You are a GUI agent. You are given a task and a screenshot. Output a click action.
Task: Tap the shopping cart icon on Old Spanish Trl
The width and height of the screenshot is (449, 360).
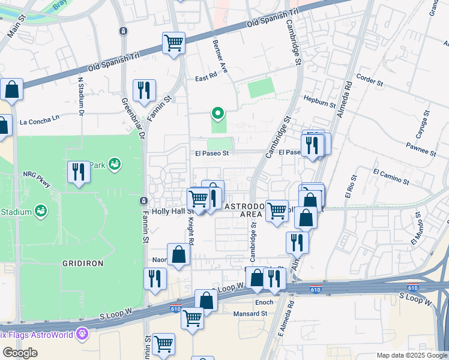coord(173,43)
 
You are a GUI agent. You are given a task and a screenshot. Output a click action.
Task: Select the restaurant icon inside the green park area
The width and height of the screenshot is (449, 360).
coord(79,172)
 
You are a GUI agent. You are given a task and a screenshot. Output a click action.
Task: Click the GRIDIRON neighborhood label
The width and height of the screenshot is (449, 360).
coord(83,263)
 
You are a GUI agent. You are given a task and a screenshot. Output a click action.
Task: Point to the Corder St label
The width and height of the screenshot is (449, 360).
coord(369,80)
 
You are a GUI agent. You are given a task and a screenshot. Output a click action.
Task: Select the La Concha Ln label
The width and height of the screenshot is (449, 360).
coord(40,119)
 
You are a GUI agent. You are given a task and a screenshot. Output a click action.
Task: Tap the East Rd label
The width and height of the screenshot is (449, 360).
coord(205,79)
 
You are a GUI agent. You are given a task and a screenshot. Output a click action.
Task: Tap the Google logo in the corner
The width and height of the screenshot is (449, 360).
coord(20,353)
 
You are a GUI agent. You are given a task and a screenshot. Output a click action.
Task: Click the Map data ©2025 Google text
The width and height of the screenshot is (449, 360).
coord(412,355)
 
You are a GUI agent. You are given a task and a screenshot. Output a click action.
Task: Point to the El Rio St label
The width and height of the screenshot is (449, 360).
coord(350,186)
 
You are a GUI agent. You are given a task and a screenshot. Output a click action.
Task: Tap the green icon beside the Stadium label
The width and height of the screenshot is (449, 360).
coord(41,211)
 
